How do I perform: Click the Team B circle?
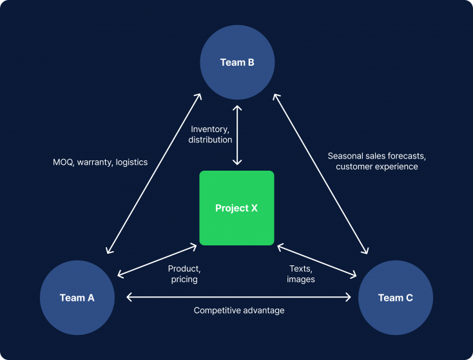tap(237, 62)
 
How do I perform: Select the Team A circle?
tap(77, 298)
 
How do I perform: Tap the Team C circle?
tap(395, 298)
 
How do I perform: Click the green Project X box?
tap(236, 208)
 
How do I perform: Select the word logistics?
tap(132, 162)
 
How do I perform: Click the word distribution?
tap(211, 140)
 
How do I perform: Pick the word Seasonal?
tap(347, 156)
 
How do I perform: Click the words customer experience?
tap(377, 167)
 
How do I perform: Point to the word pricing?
tap(184, 279)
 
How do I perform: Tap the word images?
tap(301, 279)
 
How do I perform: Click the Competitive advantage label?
tap(239, 310)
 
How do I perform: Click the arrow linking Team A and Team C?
tap(239, 297)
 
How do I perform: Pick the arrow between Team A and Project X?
tap(157, 260)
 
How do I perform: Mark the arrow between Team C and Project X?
tap(316, 260)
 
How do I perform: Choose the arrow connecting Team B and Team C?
tap(321, 173)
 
